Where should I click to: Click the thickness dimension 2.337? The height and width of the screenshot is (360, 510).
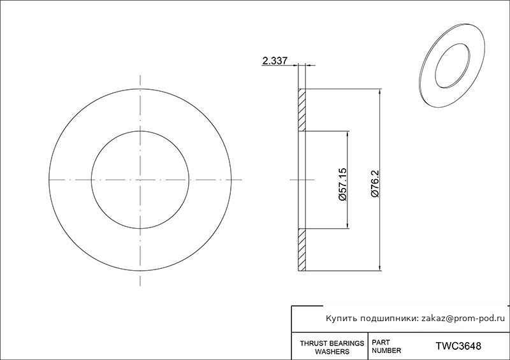point(275,61)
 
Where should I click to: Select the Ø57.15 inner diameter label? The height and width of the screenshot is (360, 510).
point(343,184)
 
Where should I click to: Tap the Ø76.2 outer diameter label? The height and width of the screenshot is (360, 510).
point(375,183)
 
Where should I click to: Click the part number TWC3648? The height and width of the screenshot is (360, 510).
point(458,346)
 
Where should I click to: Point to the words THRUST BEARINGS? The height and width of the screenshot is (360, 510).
point(332,343)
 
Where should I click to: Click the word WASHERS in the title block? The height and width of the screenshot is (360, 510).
point(332,352)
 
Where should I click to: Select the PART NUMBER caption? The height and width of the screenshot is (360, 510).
point(386,347)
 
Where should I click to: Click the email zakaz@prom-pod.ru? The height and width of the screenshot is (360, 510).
point(463,319)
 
